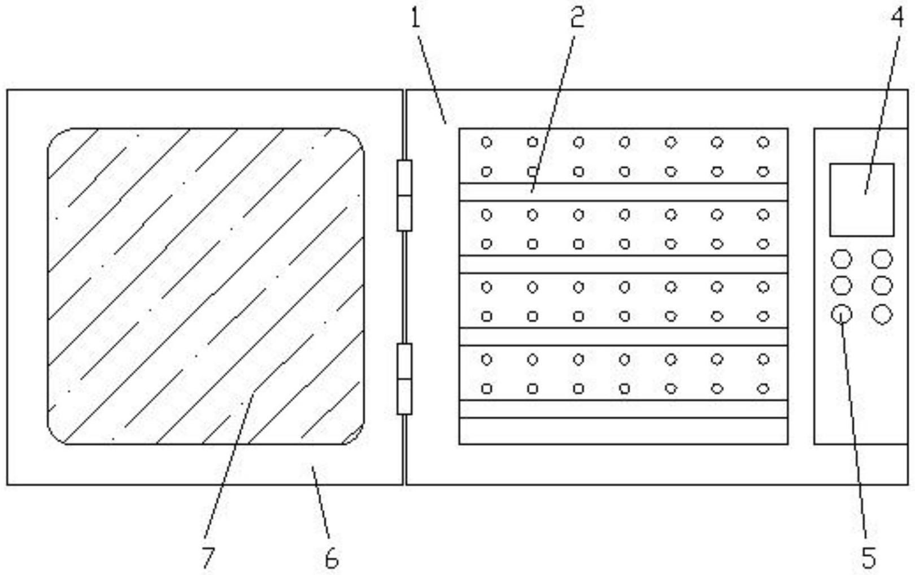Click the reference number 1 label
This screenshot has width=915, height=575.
(x=416, y=18)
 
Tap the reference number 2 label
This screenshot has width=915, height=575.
(x=576, y=18)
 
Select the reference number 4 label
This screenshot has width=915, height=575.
(x=897, y=18)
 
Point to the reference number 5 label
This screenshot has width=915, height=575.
(x=868, y=558)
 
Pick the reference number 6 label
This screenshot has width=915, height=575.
(x=332, y=558)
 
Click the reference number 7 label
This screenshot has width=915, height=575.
(x=208, y=558)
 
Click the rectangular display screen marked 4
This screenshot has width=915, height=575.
(x=861, y=200)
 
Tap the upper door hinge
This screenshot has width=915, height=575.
(x=404, y=195)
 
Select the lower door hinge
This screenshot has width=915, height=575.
(x=404, y=379)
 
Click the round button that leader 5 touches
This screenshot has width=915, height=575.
(x=842, y=314)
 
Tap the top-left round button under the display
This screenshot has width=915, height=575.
(x=842, y=260)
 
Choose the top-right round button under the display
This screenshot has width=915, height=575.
(x=882, y=260)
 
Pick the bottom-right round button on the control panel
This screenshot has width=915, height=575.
(x=882, y=314)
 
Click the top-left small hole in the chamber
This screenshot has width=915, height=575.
(x=486, y=142)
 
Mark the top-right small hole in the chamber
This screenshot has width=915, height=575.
(x=763, y=142)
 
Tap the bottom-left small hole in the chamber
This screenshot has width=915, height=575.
(x=486, y=388)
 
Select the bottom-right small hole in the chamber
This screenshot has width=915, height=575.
(x=763, y=388)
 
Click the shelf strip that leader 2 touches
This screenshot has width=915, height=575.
(x=623, y=192)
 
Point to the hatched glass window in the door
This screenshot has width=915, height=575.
(x=206, y=286)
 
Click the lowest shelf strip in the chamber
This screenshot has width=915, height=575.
(x=623, y=431)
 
